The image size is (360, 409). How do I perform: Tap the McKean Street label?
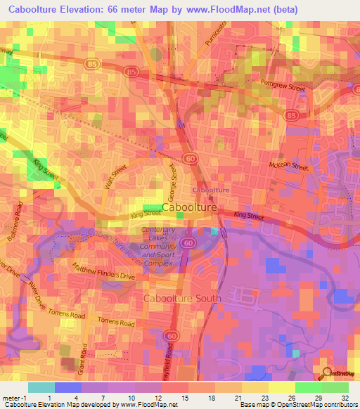pos(289,167)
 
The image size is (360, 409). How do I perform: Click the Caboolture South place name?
pos(182,299)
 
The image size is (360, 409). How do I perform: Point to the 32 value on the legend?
pos(346,397)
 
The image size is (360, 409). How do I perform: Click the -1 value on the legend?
pos(23,397)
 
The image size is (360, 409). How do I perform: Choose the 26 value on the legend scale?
pos(293,397)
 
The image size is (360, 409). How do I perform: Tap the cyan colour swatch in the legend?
pos(41,387)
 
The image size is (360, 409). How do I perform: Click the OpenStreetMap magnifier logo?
pos(328,373)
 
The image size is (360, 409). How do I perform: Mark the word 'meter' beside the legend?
pos(10,397)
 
